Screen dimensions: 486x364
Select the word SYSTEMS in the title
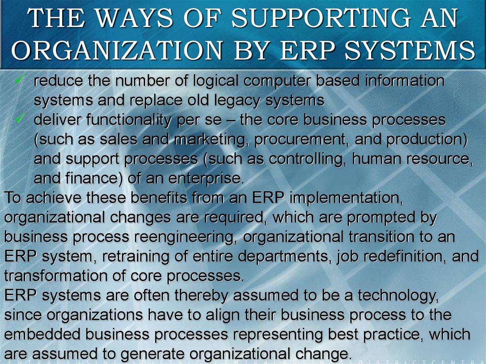pyautogui.click(x=410, y=50)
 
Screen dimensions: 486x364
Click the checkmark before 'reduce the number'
pyautogui.click(x=20, y=80)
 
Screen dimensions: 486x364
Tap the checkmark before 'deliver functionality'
pyautogui.click(x=20, y=119)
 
